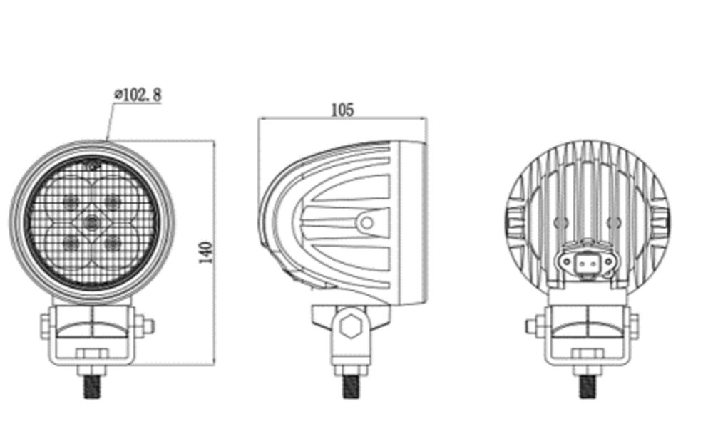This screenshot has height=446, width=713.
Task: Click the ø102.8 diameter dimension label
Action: tap(138, 95)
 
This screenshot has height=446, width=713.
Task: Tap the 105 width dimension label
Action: tap(342, 110)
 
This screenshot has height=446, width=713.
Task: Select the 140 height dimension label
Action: tap(206, 252)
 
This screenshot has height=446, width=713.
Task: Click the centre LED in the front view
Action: tap(91, 222)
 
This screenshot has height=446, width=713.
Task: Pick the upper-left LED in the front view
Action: tap(71, 201)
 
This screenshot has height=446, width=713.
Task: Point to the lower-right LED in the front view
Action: tap(111, 242)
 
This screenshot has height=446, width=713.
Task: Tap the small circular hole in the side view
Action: tap(366, 223)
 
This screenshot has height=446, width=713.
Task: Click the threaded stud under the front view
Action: tap(92, 387)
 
